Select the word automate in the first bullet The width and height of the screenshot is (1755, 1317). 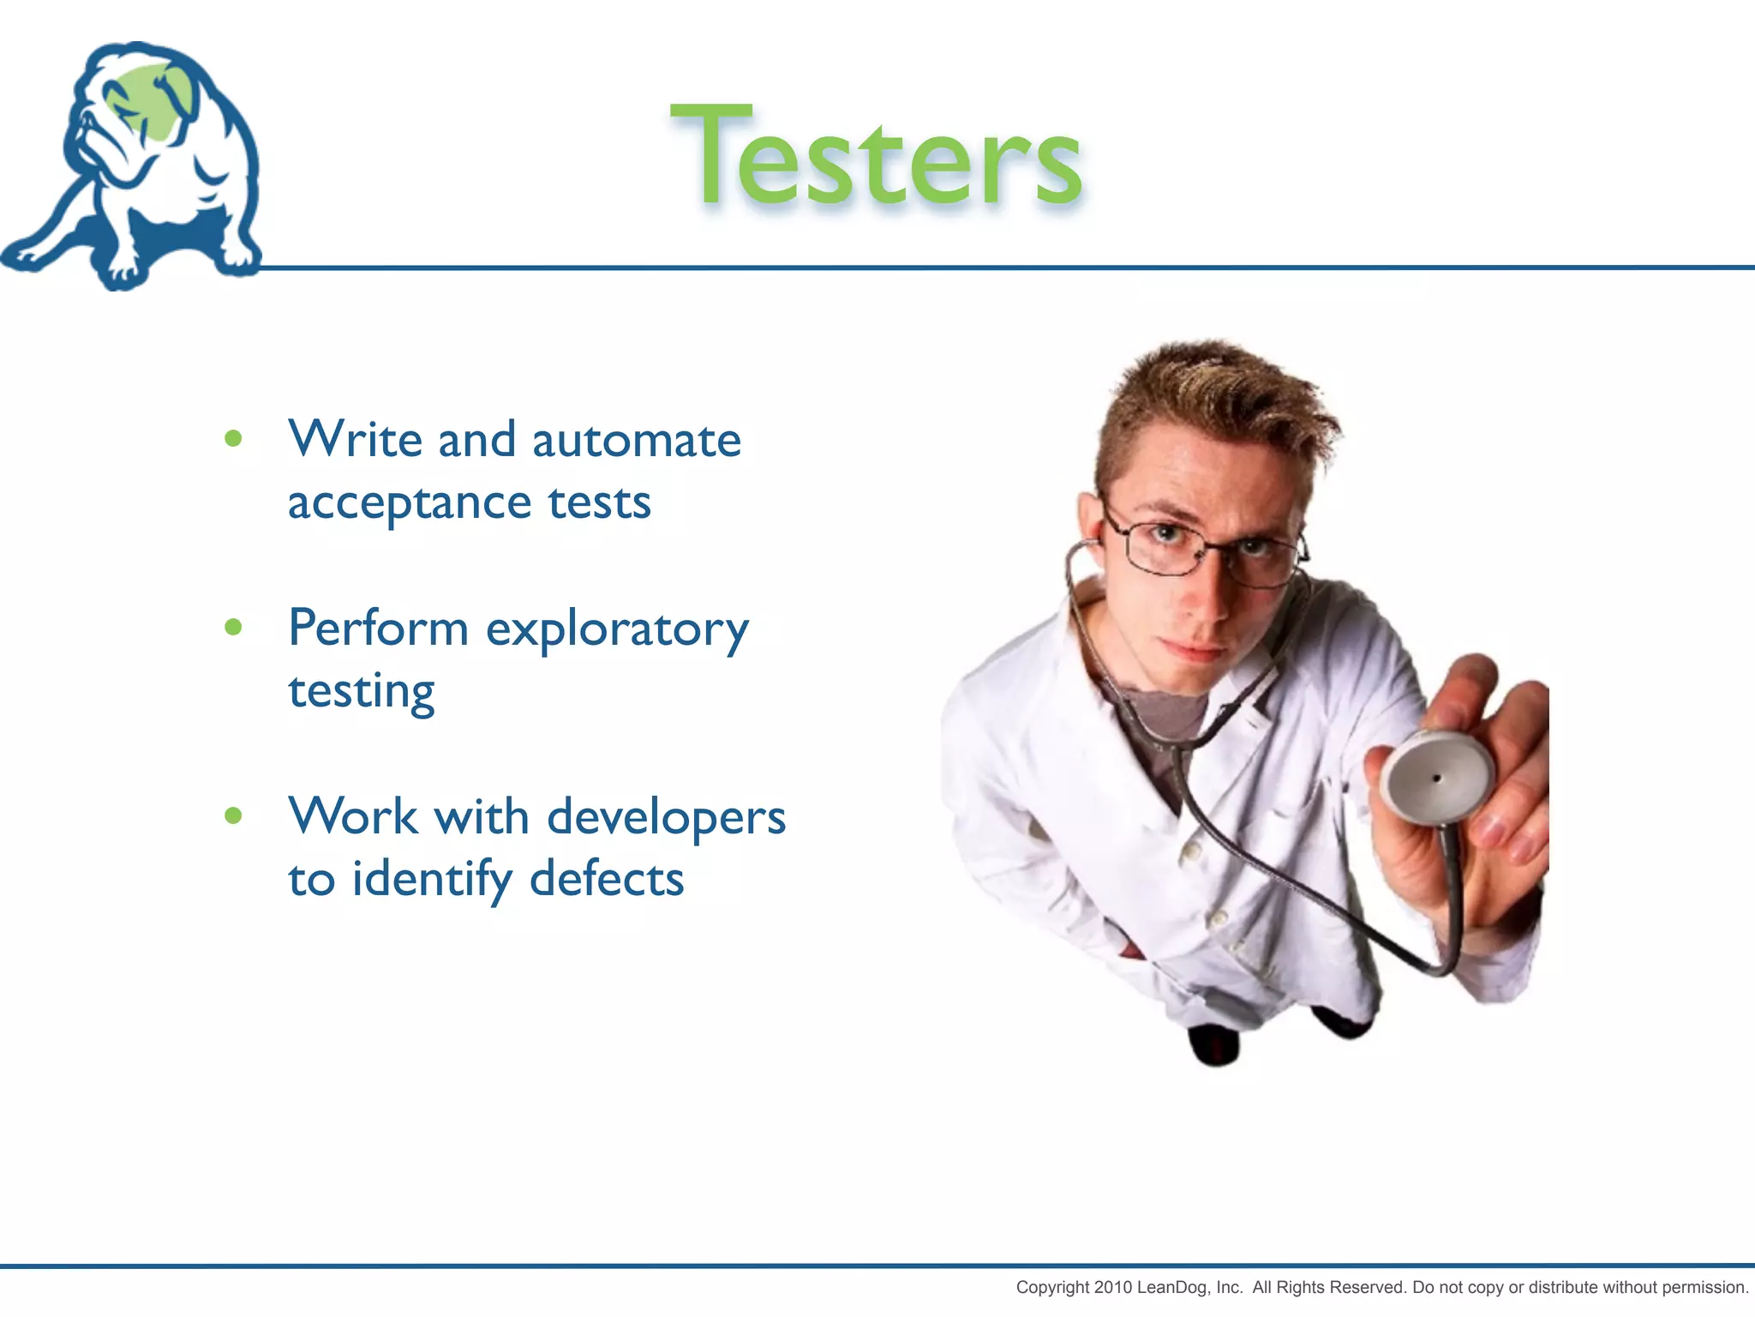636,441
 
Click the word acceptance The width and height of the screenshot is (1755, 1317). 409,503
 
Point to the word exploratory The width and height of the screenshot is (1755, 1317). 617,630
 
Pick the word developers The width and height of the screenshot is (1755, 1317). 665,817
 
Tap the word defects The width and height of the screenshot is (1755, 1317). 606,880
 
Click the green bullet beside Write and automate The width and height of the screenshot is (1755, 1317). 233,439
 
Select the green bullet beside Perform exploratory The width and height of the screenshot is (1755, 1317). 233,628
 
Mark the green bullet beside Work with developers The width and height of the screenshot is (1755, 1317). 233,815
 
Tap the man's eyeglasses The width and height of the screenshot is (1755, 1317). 1200,549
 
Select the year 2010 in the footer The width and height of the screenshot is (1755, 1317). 1113,1287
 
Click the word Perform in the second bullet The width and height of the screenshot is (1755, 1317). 378,628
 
